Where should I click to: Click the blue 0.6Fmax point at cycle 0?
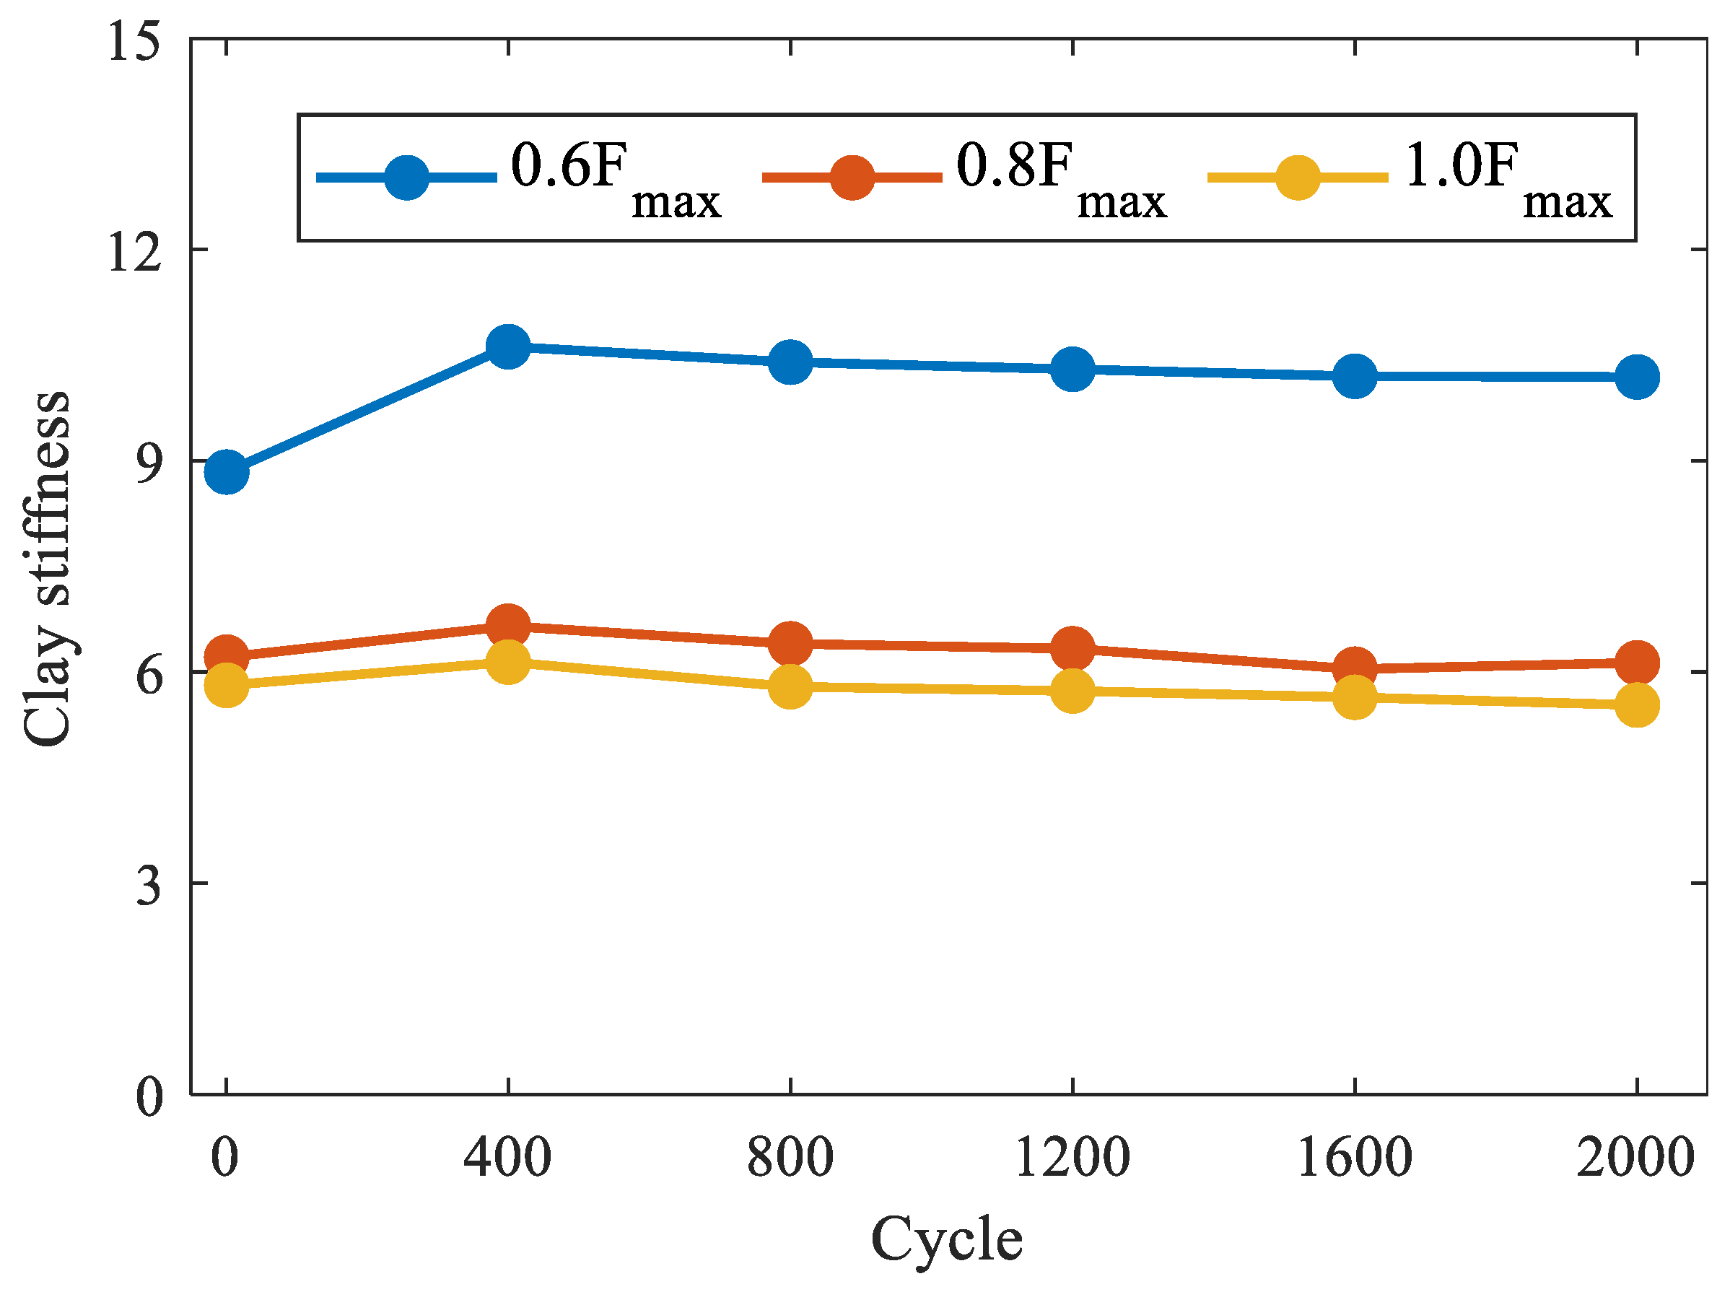coord(227,472)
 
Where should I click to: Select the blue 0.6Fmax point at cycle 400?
coord(508,346)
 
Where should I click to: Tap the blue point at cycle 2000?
coord(1637,376)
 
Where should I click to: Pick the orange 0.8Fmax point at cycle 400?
coord(508,626)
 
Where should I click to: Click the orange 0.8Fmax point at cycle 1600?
coord(1355,668)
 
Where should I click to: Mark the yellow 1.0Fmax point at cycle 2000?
coord(1637,705)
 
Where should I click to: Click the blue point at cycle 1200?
coord(1072,368)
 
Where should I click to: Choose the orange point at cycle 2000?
coord(1637,663)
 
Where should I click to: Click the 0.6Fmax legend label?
coord(614,178)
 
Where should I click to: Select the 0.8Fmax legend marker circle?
coord(852,178)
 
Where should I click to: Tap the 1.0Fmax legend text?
coord(1506,178)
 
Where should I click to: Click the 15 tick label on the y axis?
coord(134,40)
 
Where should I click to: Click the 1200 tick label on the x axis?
coord(1072,1158)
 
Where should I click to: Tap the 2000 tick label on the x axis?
coord(1635,1158)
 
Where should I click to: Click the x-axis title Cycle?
coord(946,1239)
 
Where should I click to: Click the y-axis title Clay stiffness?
coord(47,569)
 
